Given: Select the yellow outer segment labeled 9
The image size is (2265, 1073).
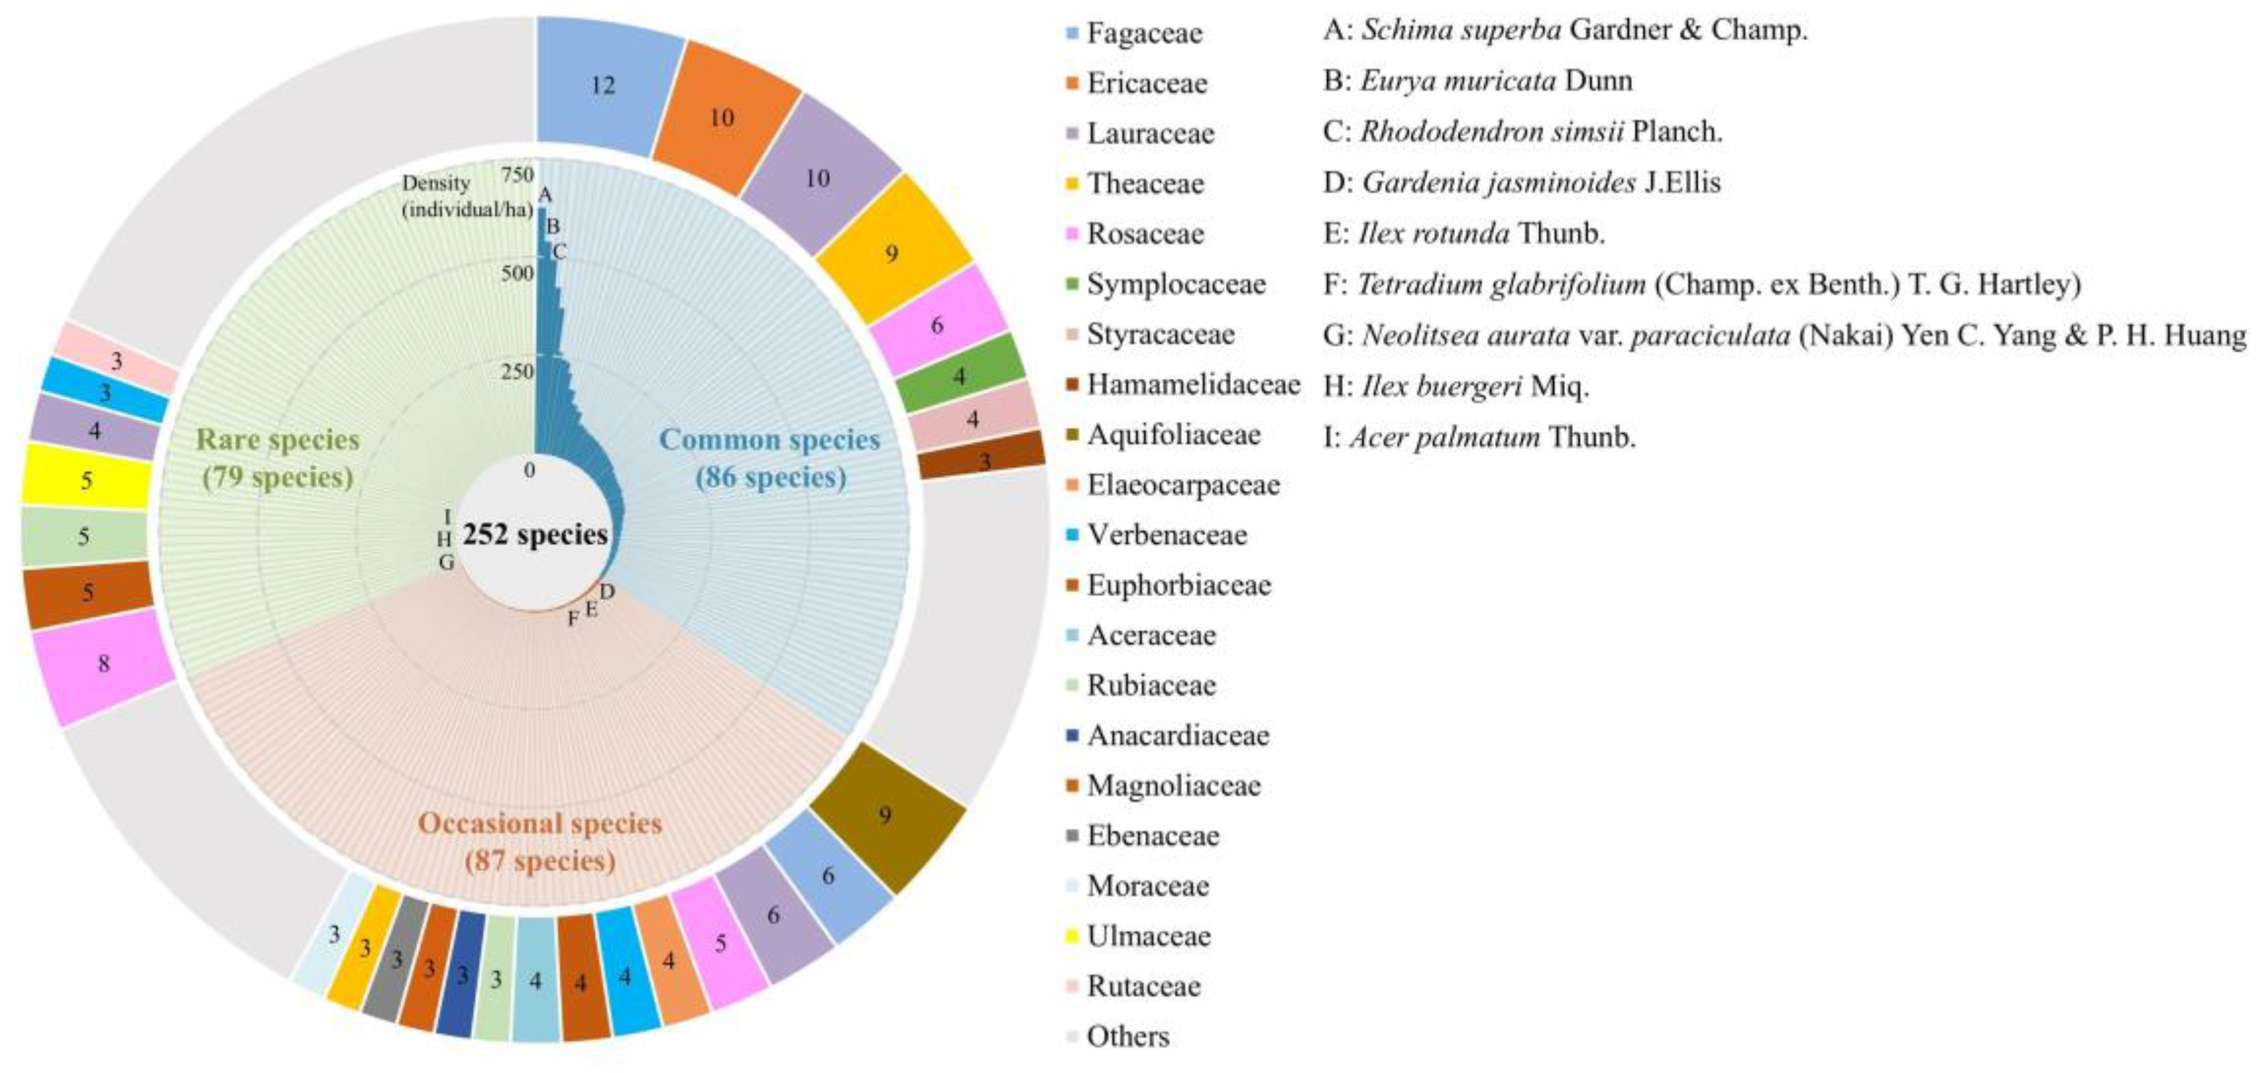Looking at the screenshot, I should click(892, 253).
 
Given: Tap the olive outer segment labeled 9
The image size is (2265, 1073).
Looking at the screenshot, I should click(885, 815).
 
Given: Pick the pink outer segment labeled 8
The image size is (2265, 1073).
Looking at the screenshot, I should click(103, 663).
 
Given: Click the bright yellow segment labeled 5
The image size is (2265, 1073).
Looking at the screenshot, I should click(85, 480).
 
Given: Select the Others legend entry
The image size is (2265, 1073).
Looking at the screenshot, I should click(1127, 1037).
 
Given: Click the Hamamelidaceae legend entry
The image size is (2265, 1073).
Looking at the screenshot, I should click(1192, 385).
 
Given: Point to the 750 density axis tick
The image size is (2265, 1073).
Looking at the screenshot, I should click(518, 174).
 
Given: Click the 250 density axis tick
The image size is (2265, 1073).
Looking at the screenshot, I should click(518, 372).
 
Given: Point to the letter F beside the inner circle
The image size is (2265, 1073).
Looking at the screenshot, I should click(573, 620).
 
